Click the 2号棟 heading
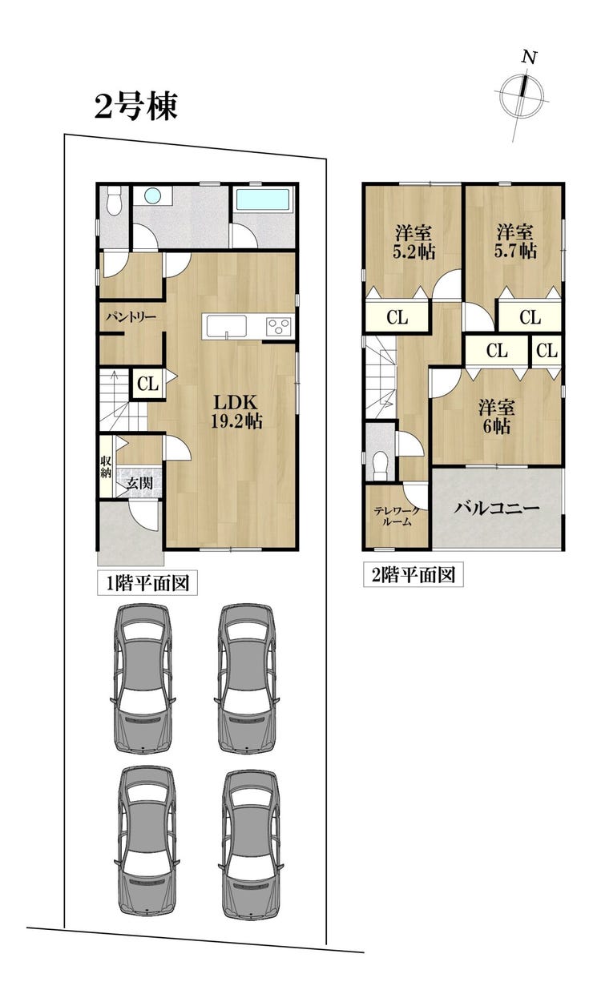tap(136, 107)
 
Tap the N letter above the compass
tap(529, 57)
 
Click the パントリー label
tap(131, 318)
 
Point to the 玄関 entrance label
tap(139, 483)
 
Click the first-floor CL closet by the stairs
tap(147, 383)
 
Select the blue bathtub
tap(263, 199)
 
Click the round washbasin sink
tap(152, 195)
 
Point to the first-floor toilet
tap(115, 201)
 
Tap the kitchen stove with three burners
tap(279, 326)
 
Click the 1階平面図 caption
tap(147, 583)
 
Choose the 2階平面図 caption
tap(413, 575)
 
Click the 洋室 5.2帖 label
tap(413, 243)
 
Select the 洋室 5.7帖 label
tap(515, 242)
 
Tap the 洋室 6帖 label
tap(497, 417)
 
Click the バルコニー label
tap(497, 509)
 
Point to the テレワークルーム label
tap(397, 517)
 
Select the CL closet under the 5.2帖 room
tap(397, 318)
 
